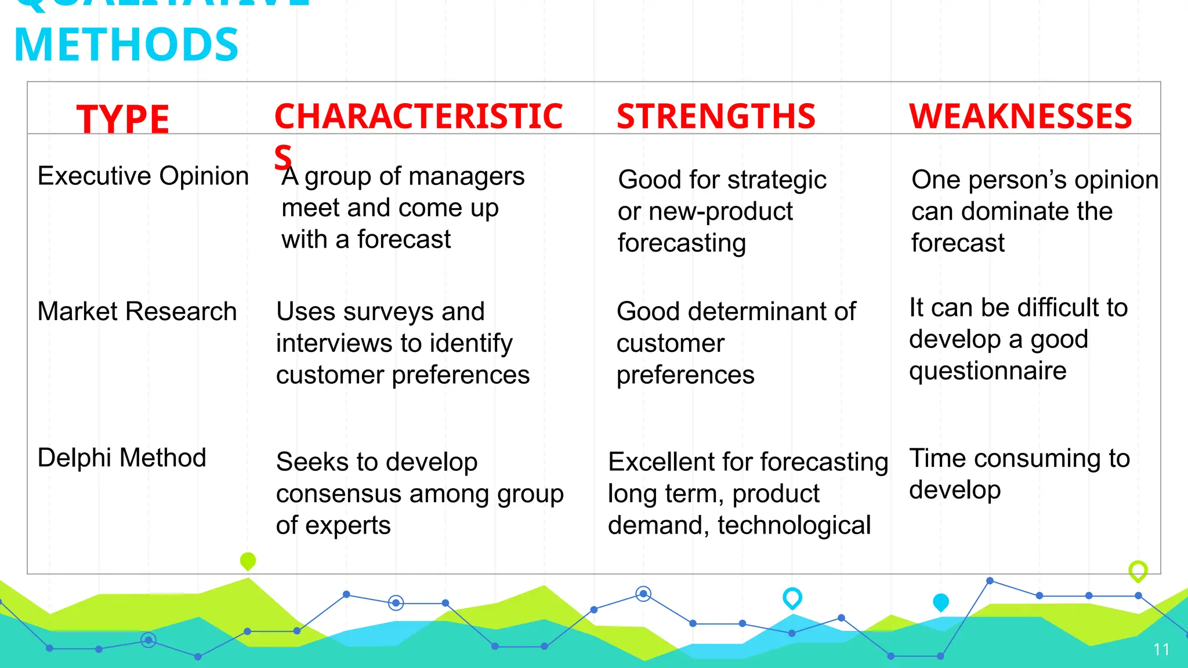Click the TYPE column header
click(x=122, y=119)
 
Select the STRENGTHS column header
click(x=716, y=117)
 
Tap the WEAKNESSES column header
click(x=1020, y=117)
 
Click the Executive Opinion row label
click(x=143, y=176)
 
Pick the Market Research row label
click(x=137, y=311)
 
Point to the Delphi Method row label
click(x=122, y=458)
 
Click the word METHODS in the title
click(x=126, y=45)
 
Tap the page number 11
click(x=1161, y=649)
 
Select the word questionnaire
click(x=987, y=371)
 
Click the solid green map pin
click(x=248, y=560)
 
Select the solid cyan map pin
click(x=940, y=602)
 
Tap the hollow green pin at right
click(x=1138, y=571)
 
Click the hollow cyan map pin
click(x=792, y=597)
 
